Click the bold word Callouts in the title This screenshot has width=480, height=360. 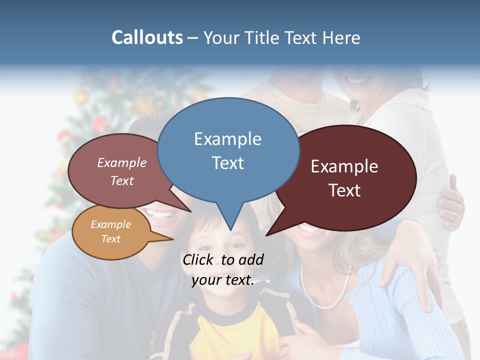tap(147, 37)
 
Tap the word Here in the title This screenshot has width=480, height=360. tap(341, 37)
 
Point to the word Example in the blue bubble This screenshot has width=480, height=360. tap(227, 139)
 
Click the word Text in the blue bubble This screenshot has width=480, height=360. tap(227, 163)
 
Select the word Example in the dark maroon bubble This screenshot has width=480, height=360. tap(344, 166)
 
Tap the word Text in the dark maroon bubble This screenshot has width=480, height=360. tap(344, 190)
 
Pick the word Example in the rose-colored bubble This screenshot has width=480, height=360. tap(122, 163)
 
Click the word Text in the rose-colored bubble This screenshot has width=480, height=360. tap(122, 181)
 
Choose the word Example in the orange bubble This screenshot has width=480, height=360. tap(110, 224)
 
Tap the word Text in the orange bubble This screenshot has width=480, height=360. tap(110, 239)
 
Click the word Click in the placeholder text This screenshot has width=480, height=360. tap(199, 259)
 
